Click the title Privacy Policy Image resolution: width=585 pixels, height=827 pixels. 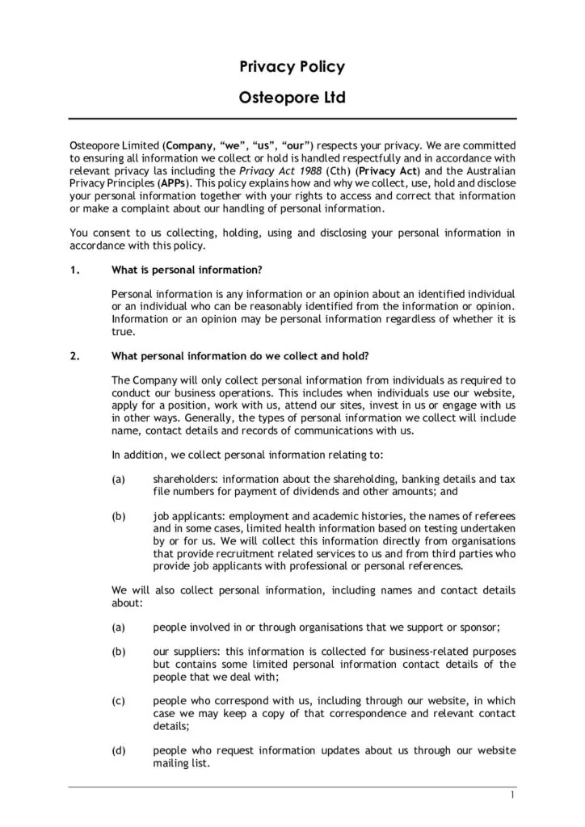pos(292,67)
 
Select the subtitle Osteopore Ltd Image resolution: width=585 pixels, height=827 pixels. pos(292,99)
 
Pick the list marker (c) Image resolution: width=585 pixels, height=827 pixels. pos(119,701)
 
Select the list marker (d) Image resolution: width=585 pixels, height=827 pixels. pos(119,750)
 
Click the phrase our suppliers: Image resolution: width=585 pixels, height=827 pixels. pos(187,652)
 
